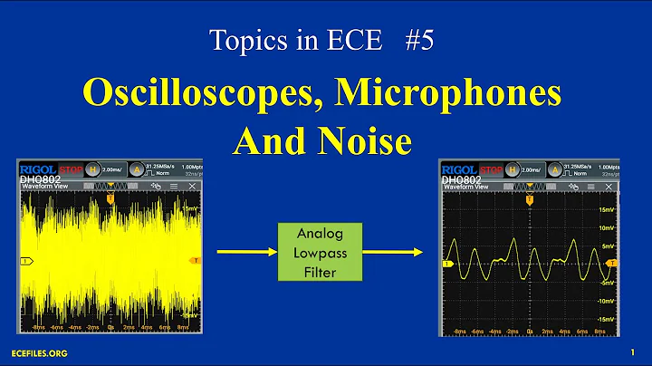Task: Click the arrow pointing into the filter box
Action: pos(245,251)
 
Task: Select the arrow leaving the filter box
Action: pos(399,251)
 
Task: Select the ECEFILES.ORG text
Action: pos(38,352)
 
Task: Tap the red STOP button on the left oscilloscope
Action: pos(72,169)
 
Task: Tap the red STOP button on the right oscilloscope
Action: pos(492,169)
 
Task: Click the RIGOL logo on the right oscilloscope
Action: pos(459,169)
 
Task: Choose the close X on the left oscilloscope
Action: pos(192,186)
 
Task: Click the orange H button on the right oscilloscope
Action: pos(512,169)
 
